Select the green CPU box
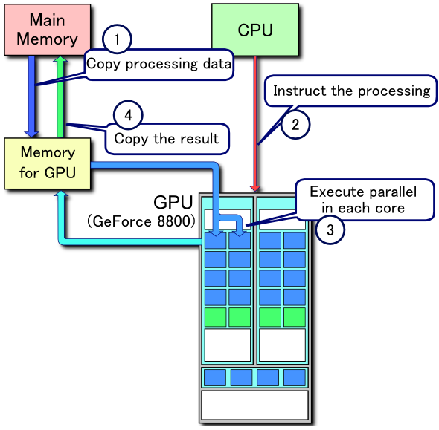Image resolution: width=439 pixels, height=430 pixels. [255, 30]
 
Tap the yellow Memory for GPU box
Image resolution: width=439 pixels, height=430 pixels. [48, 163]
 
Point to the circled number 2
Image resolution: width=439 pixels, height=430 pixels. [295, 125]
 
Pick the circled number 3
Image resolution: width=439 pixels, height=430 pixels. [330, 229]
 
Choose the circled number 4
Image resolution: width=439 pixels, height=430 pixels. [128, 115]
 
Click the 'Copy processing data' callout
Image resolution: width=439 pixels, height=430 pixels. [159, 64]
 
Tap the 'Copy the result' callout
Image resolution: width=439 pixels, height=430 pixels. [166, 139]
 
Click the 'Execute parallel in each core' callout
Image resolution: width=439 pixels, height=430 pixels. [363, 199]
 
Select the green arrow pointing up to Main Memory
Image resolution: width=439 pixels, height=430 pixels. [62, 97]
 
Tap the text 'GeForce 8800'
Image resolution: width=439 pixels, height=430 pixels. [141, 221]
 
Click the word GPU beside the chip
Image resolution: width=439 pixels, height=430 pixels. [173, 202]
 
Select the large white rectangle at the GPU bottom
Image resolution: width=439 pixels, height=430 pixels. [255, 405]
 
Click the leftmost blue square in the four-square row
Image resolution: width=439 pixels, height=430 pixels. [215, 377]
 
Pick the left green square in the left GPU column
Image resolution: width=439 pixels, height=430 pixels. [215, 317]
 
